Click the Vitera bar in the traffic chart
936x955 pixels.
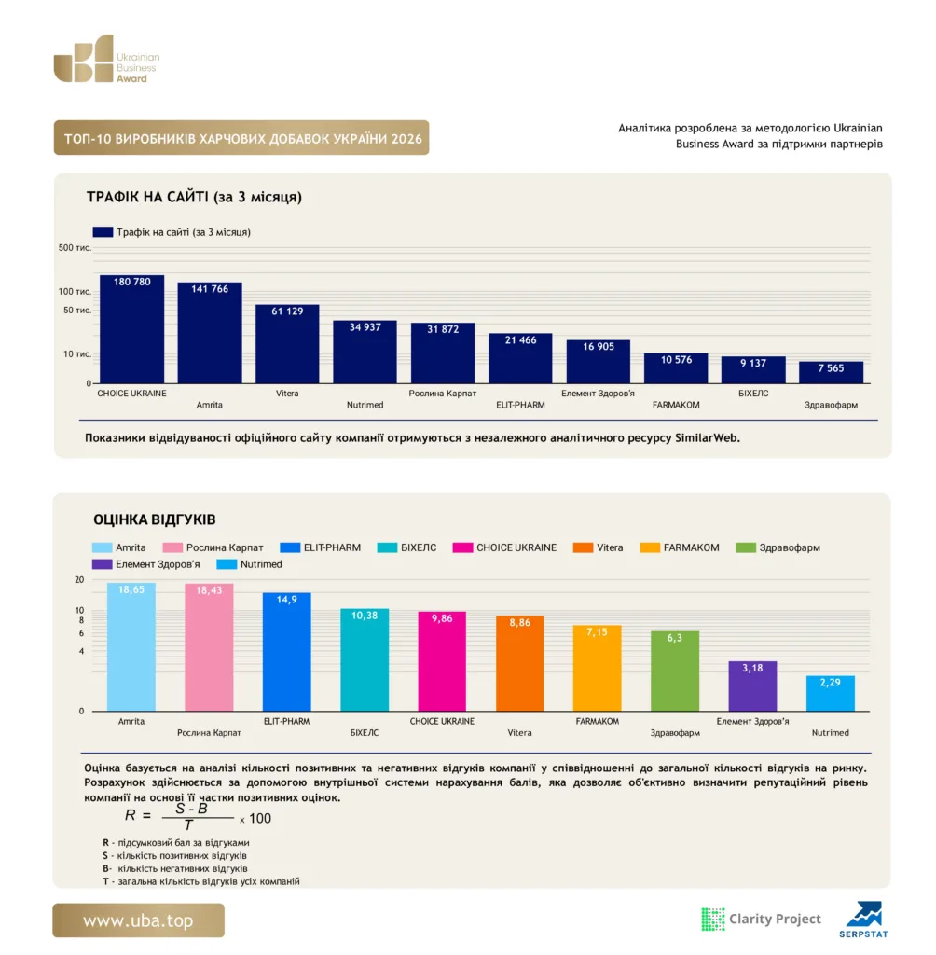coord(287,343)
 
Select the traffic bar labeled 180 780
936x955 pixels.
coord(131,329)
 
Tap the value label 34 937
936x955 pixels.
coord(365,327)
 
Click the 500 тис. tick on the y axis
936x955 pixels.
coord(75,248)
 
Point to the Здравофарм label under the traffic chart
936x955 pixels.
coord(831,405)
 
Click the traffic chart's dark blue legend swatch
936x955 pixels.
coord(103,232)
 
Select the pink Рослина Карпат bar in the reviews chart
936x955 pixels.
coord(209,647)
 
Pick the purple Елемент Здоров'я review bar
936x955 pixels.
coord(752,685)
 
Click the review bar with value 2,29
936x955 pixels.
coord(830,693)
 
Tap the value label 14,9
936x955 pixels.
coord(286,600)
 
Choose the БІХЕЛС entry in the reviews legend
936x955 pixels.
coord(406,547)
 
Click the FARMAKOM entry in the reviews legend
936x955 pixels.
coord(680,547)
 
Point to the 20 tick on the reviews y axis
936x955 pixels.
coord(79,580)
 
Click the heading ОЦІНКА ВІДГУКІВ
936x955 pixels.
coord(155,519)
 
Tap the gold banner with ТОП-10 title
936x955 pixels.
coord(241,138)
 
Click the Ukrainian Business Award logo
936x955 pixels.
coord(106,59)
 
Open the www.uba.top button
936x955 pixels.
coord(138,920)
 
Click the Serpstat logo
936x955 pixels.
coord(863,920)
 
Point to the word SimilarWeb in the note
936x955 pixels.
coord(707,438)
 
